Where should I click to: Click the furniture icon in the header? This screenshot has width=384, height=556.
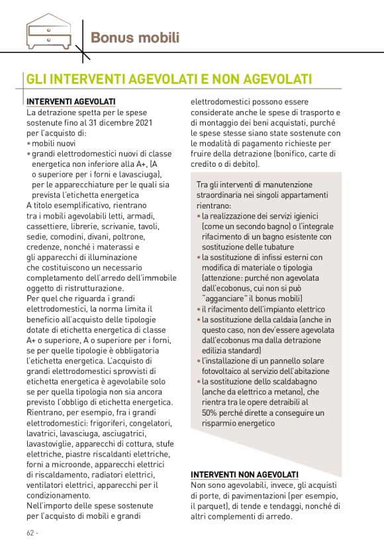[50, 32]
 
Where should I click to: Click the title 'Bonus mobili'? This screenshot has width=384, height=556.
[134, 37]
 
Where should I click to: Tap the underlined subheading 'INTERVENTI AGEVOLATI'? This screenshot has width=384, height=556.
[71, 102]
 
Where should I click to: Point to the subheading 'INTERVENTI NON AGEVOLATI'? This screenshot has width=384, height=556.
[244, 475]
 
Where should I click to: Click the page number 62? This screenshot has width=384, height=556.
[31, 533]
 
